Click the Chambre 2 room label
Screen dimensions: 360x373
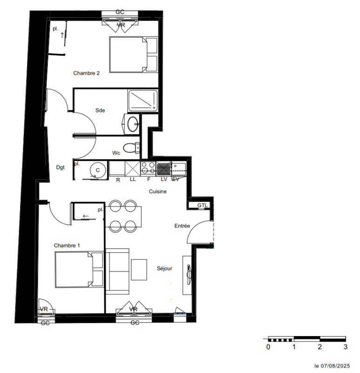click(x=86, y=73)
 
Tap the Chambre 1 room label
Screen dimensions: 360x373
click(x=67, y=246)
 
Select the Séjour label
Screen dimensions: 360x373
click(x=164, y=269)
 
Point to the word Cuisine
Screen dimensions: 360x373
click(x=157, y=192)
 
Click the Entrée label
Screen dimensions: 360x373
click(x=182, y=226)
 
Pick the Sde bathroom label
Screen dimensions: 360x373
click(x=100, y=111)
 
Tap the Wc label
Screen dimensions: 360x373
click(x=116, y=153)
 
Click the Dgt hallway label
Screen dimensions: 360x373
click(x=61, y=167)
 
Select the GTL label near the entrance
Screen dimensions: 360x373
click(x=203, y=205)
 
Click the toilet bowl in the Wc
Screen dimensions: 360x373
click(x=131, y=148)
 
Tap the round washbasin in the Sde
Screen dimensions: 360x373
click(x=133, y=124)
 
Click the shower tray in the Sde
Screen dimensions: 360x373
click(x=143, y=101)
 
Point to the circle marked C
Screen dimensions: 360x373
click(x=98, y=170)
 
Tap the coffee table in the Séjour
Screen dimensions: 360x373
click(x=139, y=270)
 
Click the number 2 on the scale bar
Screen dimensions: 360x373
click(x=319, y=347)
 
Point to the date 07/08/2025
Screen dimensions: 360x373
click(x=335, y=366)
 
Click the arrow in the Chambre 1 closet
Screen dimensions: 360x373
click(x=86, y=216)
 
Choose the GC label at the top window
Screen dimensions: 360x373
click(x=120, y=12)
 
